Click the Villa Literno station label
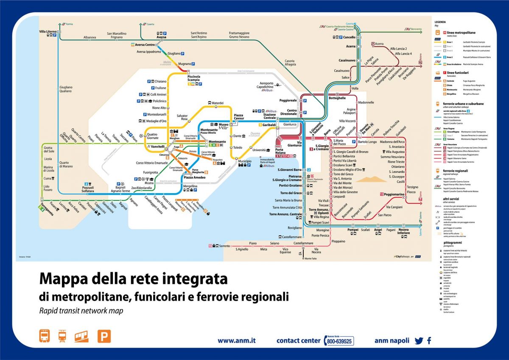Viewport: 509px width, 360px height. pyautogui.click(x=48, y=32)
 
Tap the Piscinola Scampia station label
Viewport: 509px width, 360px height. pyautogui.click(x=196, y=79)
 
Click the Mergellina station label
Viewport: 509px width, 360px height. pyautogui.click(x=190, y=186)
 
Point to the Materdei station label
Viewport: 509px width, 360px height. pyautogui.click(x=218, y=103)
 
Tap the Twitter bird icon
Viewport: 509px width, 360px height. pyautogui.click(x=419, y=340)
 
